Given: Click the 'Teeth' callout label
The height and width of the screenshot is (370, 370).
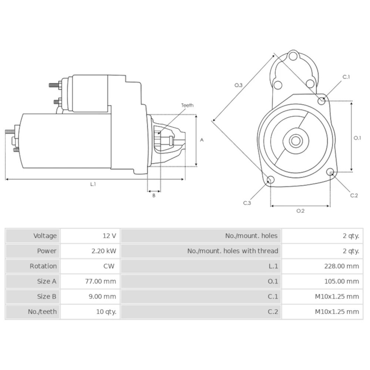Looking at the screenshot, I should coord(187,105).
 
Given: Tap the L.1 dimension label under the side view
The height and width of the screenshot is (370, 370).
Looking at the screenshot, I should coord(93,184).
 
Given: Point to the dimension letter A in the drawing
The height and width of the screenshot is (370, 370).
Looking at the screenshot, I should coord(202,140).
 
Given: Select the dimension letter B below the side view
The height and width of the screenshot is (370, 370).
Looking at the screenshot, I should coord(154,196).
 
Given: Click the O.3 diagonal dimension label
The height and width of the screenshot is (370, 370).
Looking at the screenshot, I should coord(239,85).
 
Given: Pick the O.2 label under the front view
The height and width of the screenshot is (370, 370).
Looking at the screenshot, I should coord(300,211).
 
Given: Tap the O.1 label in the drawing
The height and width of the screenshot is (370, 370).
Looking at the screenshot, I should coord(357,138).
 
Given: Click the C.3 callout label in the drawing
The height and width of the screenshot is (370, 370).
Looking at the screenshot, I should coord(247,203).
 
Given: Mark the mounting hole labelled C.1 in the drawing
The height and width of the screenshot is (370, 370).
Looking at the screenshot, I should coord(322,100).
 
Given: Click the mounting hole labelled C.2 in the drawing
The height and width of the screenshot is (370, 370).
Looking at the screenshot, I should coord(330,171).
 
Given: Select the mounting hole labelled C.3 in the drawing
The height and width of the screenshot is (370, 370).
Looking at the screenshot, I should coord(270,180).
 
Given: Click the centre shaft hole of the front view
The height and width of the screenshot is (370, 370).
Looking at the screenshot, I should coord(295,141).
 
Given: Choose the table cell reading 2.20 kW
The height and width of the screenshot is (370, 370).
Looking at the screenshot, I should coord(104,251).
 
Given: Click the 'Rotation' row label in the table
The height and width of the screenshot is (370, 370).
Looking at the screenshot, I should coord(43,266).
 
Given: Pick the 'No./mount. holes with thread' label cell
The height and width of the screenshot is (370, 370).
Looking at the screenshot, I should coord(232,251).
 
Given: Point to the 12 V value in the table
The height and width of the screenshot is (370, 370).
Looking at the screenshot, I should coord(109,236).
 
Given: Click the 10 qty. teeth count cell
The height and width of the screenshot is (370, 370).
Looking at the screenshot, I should coord(106,312).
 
